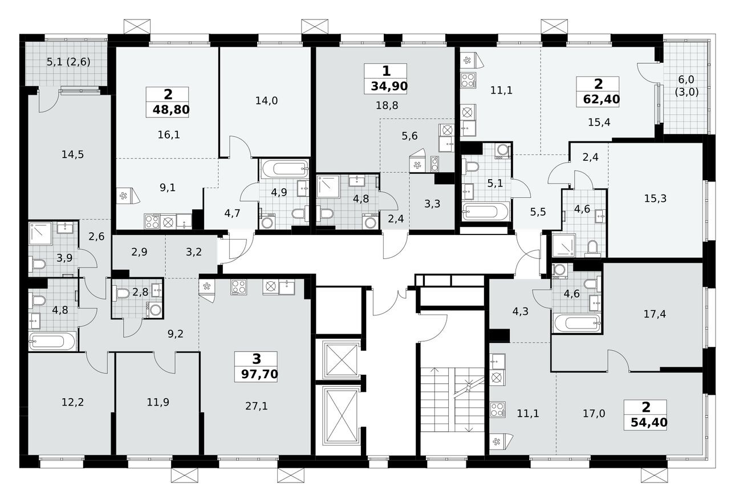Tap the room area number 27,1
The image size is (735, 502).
(x=256, y=406)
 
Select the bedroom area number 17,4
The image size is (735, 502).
(x=655, y=313)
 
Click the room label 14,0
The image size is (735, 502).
(x=266, y=101)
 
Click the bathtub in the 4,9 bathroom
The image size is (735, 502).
(x=283, y=168)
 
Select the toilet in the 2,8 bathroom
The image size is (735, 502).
(x=121, y=293)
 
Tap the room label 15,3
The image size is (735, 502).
(x=655, y=199)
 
